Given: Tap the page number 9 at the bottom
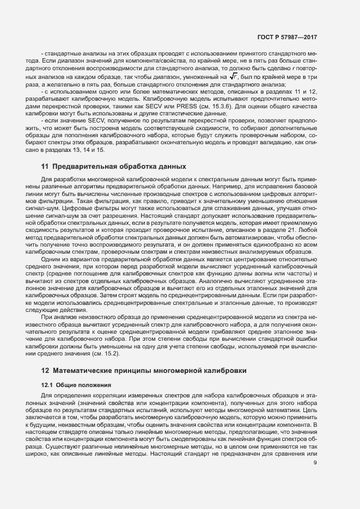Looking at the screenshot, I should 315,463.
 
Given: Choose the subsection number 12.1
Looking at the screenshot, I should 47,385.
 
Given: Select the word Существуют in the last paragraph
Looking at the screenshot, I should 56,445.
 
